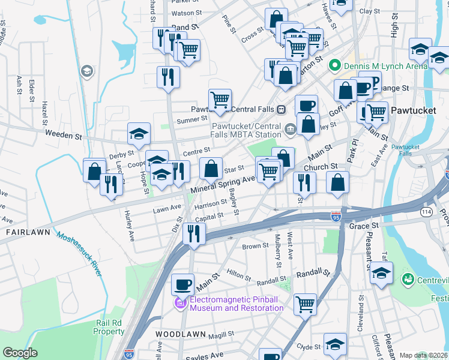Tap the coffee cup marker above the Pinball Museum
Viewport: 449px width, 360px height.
pyautogui.click(x=183, y=284)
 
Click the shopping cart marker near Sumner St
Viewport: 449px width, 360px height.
pyautogui.click(x=220, y=100)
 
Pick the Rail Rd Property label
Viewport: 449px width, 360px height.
pyautogui.click(x=109, y=327)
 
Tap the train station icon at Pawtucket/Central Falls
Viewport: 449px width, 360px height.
pyautogui.click(x=280, y=109)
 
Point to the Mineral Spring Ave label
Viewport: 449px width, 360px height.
pyautogui.click(x=223, y=184)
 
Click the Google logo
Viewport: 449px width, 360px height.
pyautogui.click(x=20, y=353)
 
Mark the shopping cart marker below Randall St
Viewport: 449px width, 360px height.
pyautogui.click(x=305, y=304)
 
